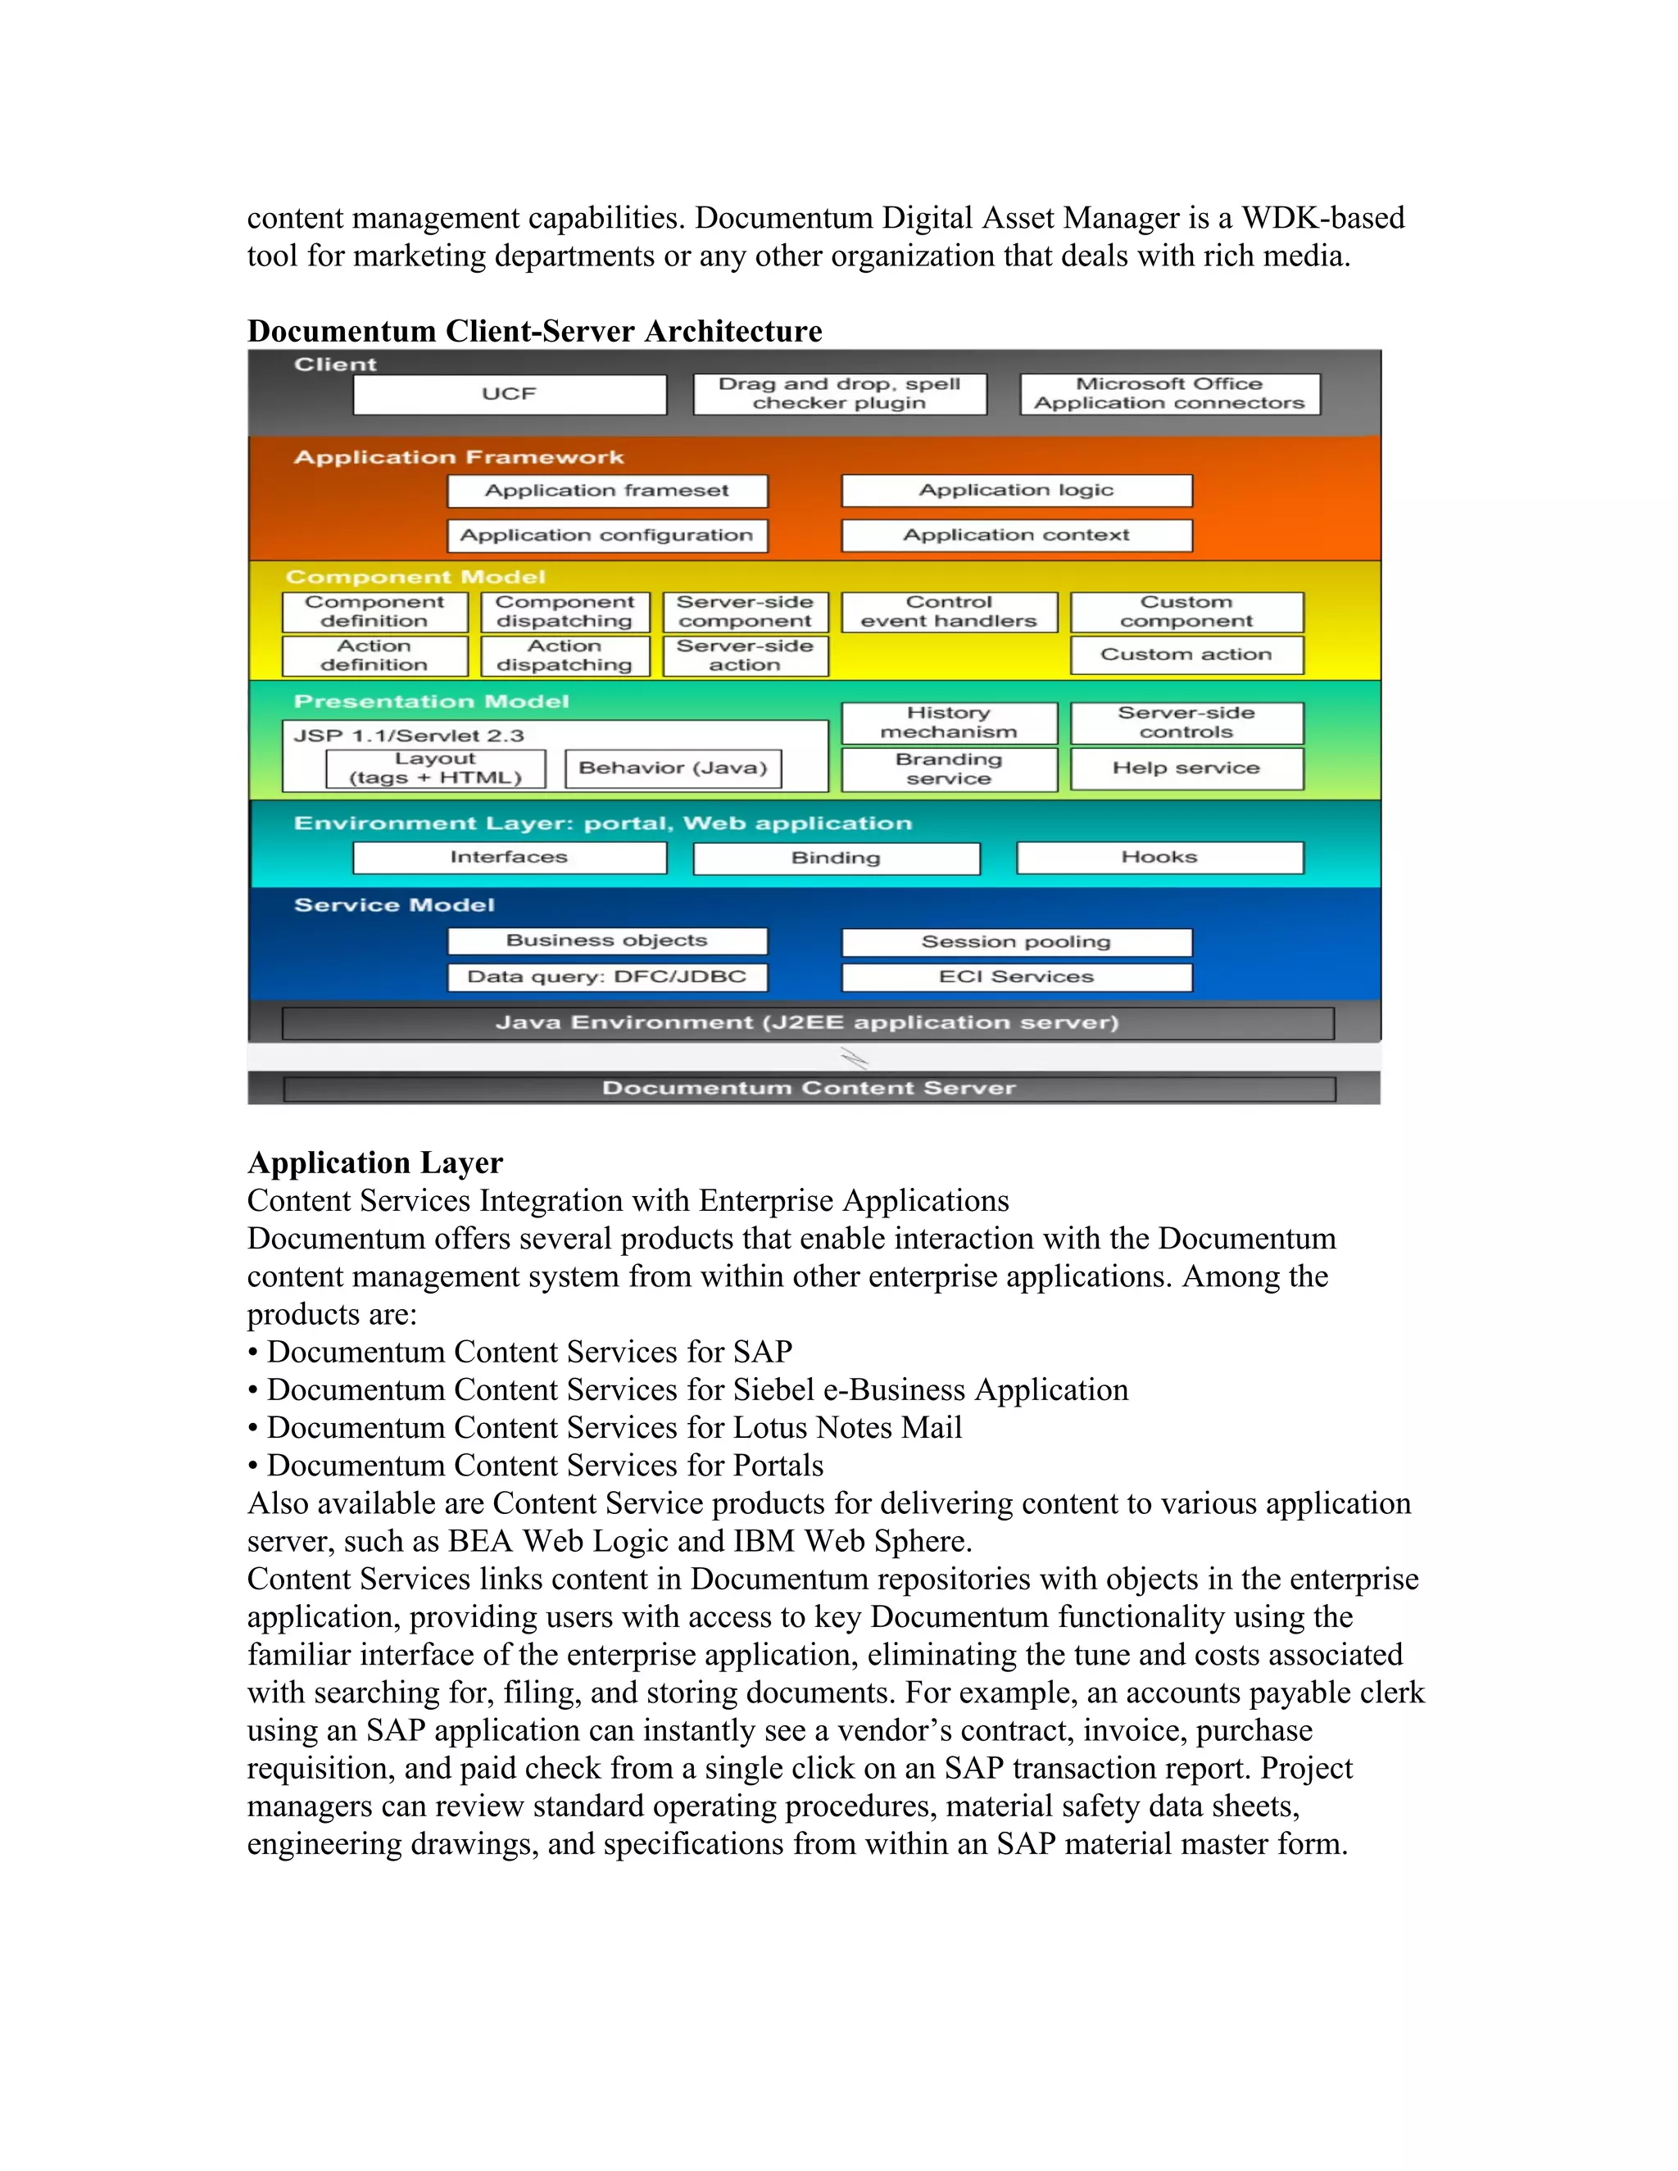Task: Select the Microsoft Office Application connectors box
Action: click(1169, 393)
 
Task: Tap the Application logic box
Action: click(1016, 490)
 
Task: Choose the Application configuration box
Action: click(606, 535)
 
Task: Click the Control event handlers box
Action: click(948, 611)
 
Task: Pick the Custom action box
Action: click(1186, 654)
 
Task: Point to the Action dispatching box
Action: click(565, 655)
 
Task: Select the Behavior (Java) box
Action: click(673, 768)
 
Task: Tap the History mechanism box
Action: click(948, 723)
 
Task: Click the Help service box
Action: click(1186, 768)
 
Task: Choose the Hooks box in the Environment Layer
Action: click(1159, 857)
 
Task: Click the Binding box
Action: click(836, 858)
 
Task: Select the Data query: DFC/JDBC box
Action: click(606, 977)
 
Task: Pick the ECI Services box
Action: click(1016, 977)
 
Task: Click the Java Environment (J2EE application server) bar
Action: click(807, 1023)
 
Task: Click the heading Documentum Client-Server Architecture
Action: click(535, 331)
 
